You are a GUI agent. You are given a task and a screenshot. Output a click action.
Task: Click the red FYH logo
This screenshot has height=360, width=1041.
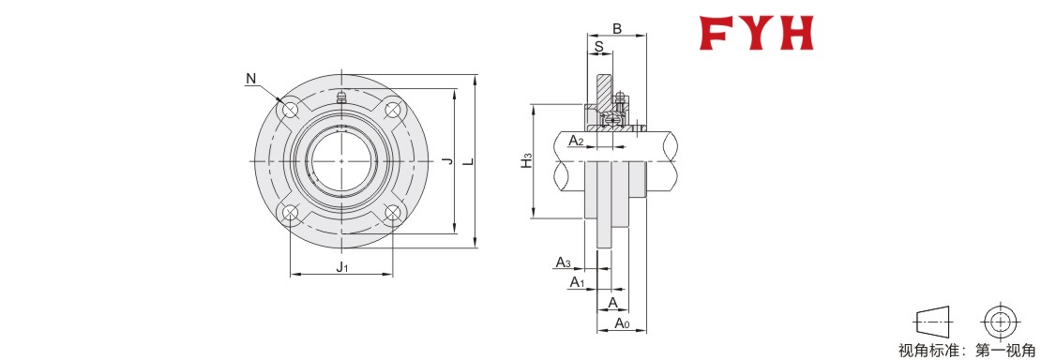[756, 33]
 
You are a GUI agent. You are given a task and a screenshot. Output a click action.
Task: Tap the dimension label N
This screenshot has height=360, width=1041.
[250, 79]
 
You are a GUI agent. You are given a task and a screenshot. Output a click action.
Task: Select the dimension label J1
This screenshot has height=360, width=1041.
[342, 267]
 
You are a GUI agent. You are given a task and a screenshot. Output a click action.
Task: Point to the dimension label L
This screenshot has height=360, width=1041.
[469, 161]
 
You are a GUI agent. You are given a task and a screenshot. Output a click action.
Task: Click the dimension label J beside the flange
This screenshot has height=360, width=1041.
[446, 161]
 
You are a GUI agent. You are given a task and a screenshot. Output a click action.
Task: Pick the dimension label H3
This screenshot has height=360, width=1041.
[526, 160]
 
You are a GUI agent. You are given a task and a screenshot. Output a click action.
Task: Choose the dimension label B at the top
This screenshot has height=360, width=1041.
[616, 28]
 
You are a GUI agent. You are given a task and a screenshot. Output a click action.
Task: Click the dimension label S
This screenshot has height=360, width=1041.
[599, 47]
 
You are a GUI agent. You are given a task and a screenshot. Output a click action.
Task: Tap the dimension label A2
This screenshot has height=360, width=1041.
[576, 140]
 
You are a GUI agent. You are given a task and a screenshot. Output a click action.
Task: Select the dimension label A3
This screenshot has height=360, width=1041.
[563, 262]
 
